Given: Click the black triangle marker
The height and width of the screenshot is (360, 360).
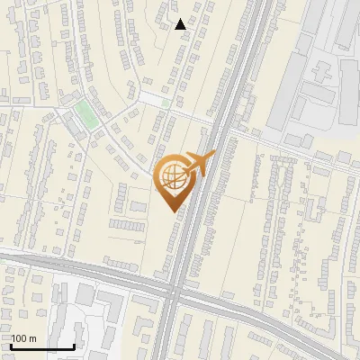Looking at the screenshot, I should coord(181,24).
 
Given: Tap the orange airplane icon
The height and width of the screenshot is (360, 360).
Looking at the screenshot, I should coord(200,161).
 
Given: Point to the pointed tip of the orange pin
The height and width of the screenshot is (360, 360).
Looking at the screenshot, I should coord(172,211).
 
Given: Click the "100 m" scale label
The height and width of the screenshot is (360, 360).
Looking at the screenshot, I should coord(23,338).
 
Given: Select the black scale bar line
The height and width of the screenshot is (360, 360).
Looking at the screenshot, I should coord(42,346).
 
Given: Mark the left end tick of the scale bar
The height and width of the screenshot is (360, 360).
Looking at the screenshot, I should coord(11,345).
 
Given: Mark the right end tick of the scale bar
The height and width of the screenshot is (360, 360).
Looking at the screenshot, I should coord(74,345).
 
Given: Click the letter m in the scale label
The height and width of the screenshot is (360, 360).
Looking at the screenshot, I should coord(33,338).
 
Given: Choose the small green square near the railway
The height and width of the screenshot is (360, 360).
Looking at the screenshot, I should coord(166,103).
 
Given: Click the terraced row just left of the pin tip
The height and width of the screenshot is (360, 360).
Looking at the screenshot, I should coord(129,222).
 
